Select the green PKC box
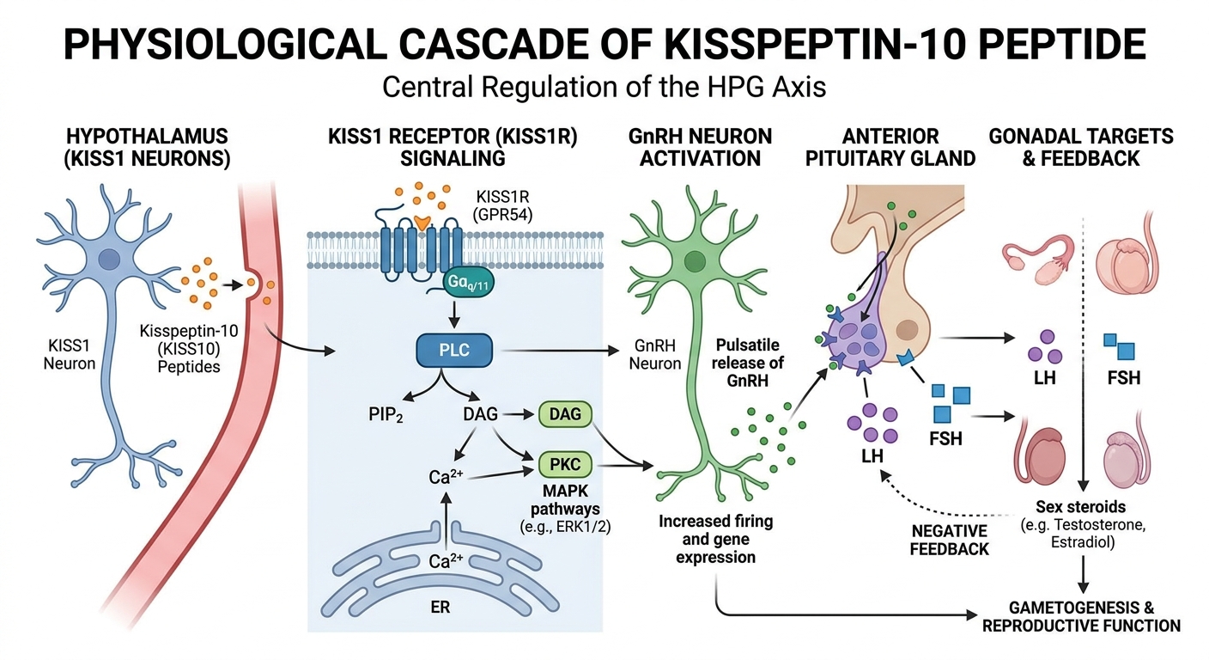pyautogui.click(x=565, y=466)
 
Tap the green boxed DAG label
pyautogui.click(x=564, y=415)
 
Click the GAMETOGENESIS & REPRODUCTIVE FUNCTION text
pyautogui.click(x=1081, y=617)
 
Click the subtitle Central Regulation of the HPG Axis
pyautogui.click(x=604, y=87)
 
